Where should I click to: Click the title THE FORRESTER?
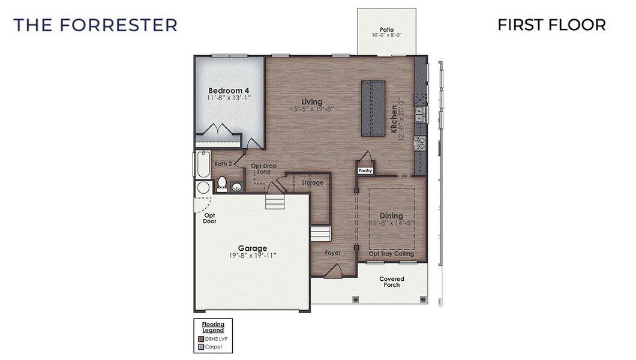point(95,25)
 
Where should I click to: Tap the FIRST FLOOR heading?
point(551,25)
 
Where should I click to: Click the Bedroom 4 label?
point(229,91)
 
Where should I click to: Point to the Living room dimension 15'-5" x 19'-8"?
point(312,109)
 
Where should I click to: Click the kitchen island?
point(373,109)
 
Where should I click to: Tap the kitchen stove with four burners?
point(419,143)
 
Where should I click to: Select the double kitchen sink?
point(420,114)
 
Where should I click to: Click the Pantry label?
point(365,170)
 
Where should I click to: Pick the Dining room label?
point(391,216)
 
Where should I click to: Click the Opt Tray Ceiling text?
point(391,253)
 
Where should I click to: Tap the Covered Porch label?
point(392,281)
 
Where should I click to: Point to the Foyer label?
point(333,253)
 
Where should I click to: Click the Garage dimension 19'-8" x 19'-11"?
point(252,256)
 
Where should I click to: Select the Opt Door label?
point(209,218)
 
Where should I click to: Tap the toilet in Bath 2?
point(221,183)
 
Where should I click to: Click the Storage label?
point(312,182)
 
